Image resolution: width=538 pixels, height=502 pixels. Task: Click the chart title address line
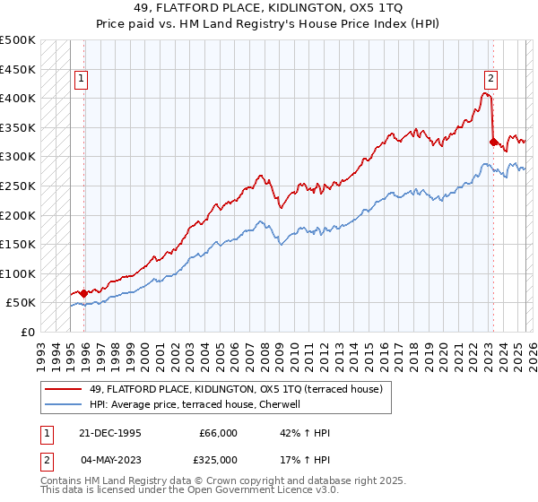point(269,8)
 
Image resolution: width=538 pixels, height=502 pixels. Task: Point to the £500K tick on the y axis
point(18,40)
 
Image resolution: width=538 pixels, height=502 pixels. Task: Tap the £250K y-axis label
point(18,186)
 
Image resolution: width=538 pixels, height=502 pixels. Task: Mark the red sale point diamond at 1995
point(84,293)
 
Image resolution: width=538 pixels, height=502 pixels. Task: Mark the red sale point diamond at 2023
point(493,142)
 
